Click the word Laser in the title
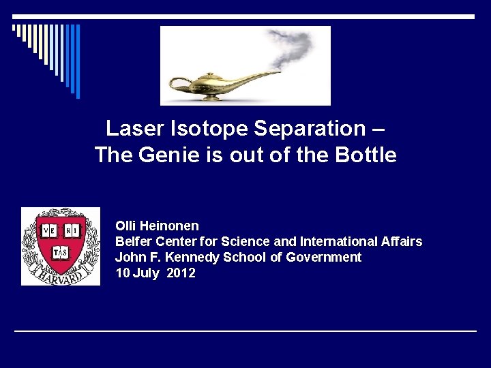(x=131, y=128)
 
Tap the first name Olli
(x=126, y=226)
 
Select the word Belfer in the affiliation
(x=134, y=241)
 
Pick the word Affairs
(x=402, y=241)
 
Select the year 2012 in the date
(x=181, y=273)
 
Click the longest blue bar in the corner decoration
(x=77, y=61)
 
